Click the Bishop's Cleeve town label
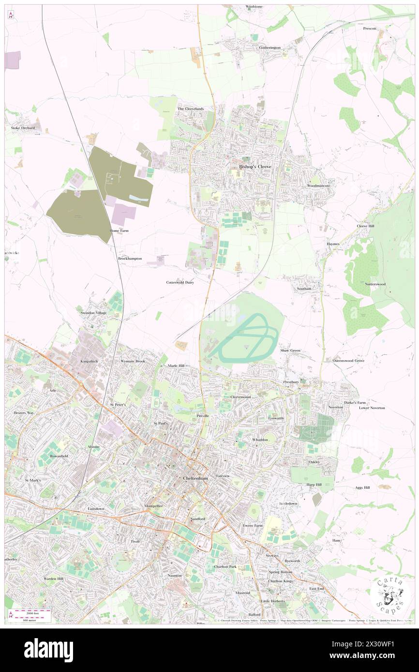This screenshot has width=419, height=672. pyautogui.click(x=255, y=166)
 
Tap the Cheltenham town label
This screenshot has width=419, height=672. pyautogui.click(x=195, y=478)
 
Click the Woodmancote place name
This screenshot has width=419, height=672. pyautogui.click(x=318, y=186)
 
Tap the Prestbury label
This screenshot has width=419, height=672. pyautogui.click(x=292, y=382)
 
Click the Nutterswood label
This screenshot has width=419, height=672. pyautogui.click(x=375, y=284)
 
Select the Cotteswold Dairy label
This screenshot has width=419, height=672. pyautogui.click(x=180, y=282)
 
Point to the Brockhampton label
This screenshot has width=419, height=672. pyautogui.click(x=130, y=259)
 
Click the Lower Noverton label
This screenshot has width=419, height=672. pyautogui.click(x=372, y=408)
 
